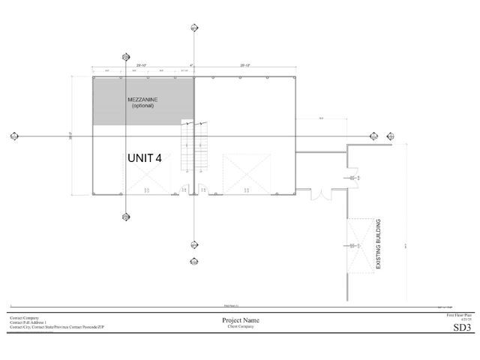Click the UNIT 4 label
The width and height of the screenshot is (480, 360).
point(144,158)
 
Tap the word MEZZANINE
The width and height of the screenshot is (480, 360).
point(142,99)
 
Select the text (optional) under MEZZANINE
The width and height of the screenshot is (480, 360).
point(142,106)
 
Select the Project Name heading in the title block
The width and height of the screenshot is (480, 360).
point(240,320)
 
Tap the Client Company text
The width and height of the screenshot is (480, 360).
point(240,327)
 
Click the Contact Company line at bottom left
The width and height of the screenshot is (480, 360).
point(24,317)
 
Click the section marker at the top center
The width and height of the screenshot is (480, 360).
point(193,28)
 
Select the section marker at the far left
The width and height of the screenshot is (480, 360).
point(14,136)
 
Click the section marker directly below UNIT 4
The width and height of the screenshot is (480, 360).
point(125,217)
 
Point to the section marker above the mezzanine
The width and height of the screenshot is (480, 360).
point(125,56)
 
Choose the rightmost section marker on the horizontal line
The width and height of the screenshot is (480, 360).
point(389,136)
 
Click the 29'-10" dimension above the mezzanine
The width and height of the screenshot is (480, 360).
point(141,65)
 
